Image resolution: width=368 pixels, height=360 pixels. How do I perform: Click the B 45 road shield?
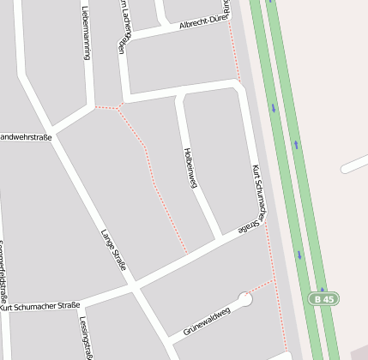point(323,299)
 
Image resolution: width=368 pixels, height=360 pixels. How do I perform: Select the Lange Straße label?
point(113,250)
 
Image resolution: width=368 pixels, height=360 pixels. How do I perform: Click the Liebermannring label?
point(86,33)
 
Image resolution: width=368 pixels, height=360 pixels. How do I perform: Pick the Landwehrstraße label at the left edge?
point(26,137)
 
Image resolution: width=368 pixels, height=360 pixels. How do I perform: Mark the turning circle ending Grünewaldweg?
point(245,300)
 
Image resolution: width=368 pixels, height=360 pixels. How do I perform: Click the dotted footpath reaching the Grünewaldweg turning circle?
point(261,286)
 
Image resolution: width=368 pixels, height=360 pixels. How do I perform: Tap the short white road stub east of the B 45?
point(353,165)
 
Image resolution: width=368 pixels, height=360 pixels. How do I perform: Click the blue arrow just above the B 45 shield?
point(299,254)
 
